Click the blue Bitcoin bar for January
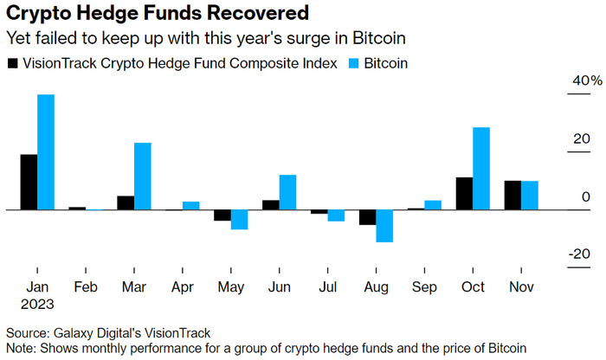[x=46, y=151]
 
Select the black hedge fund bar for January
[x=29, y=182]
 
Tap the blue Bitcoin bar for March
[x=143, y=177]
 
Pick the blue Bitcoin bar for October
[x=482, y=169]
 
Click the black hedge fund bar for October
[x=465, y=194]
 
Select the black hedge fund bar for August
[x=368, y=217]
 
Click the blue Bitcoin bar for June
[x=288, y=192]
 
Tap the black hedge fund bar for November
[x=513, y=196]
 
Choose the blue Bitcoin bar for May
[x=240, y=220]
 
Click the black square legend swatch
[x=12, y=63]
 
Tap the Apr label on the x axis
[x=183, y=287]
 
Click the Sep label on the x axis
[x=425, y=287]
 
